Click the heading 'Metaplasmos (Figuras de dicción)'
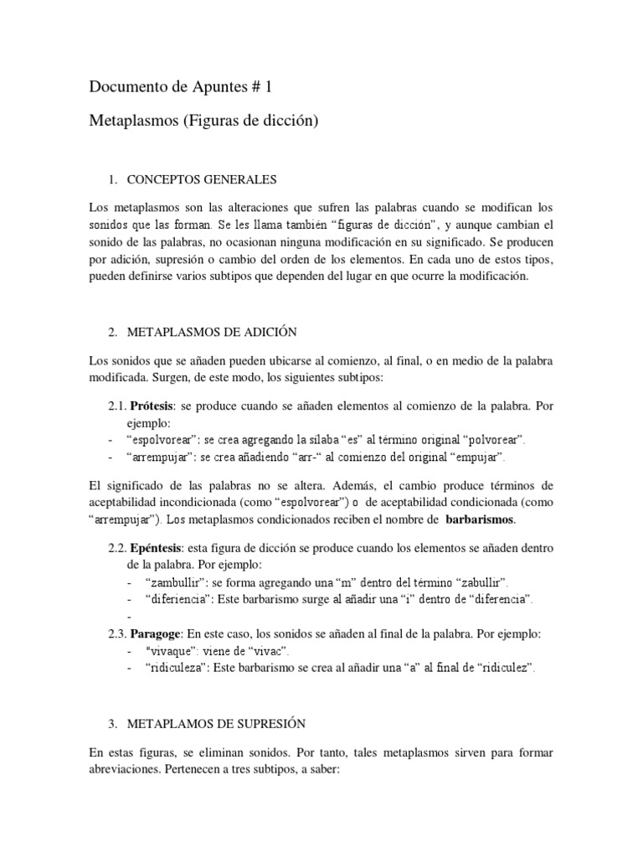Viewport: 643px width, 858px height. [x=204, y=121]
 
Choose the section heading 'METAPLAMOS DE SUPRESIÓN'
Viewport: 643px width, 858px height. [x=216, y=723]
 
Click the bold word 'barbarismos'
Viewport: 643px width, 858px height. [x=480, y=519]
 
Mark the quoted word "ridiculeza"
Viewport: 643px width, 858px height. [x=178, y=668]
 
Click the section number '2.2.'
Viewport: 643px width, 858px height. [x=118, y=548]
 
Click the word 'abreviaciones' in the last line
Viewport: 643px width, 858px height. [x=127, y=767]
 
